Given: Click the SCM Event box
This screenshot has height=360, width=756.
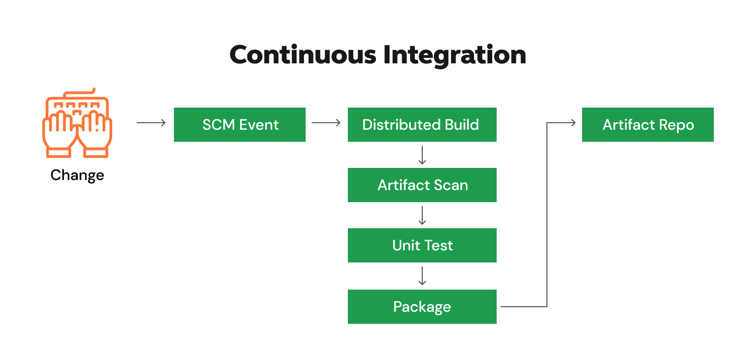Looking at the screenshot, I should click(240, 125).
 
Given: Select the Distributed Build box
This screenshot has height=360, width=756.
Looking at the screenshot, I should click(422, 125).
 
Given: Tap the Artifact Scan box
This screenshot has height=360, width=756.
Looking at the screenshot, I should click(422, 185).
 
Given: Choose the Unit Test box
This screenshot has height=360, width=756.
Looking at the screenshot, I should click(422, 245).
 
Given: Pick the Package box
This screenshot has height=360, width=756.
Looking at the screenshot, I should click(422, 307).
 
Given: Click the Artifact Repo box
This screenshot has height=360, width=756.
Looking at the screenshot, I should click(647, 125).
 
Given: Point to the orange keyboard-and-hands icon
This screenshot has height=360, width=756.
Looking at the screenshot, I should click(77, 123).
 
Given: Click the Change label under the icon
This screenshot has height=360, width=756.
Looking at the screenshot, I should click(77, 175).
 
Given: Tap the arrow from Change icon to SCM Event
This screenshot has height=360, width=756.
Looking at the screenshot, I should click(151, 123).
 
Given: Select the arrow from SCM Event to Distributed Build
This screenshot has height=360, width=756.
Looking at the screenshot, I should click(326, 123).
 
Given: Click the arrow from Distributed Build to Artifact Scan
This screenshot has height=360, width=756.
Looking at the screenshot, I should click(422, 155).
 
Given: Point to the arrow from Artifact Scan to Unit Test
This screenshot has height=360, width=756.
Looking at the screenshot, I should click(422, 215).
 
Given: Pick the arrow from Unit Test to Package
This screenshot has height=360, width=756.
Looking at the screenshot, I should click(422, 276).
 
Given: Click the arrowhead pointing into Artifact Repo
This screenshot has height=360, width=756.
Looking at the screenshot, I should click(573, 123).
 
